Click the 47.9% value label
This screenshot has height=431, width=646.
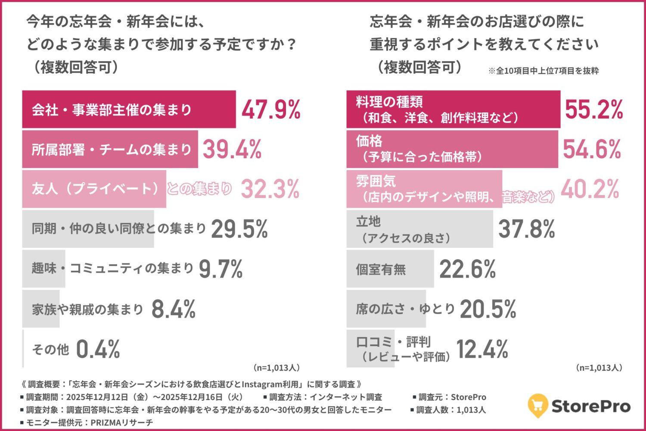click(271, 110)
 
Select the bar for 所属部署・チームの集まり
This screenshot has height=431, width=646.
click(110, 149)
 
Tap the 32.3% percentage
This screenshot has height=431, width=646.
click(270, 189)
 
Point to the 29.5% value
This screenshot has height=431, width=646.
click(239, 229)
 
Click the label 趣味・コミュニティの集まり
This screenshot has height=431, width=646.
click(112, 269)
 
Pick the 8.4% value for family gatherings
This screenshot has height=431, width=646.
click(174, 309)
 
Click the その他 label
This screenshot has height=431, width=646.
click(50, 349)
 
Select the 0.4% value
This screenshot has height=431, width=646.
click(98, 349)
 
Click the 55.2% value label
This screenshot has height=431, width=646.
click(594, 109)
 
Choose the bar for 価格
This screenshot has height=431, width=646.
click(452, 149)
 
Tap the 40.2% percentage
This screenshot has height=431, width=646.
click(590, 189)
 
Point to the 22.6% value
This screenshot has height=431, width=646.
click(467, 269)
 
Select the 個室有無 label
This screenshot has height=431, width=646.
click(381, 269)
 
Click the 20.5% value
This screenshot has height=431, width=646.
click(488, 309)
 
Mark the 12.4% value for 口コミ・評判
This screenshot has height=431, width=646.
click(482, 349)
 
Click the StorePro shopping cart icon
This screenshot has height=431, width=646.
click(537, 405)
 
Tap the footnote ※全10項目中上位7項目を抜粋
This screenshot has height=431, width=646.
click(543, 71)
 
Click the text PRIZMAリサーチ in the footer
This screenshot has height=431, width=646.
click(121, 422)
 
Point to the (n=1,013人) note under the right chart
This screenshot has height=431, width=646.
click(599, 368)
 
